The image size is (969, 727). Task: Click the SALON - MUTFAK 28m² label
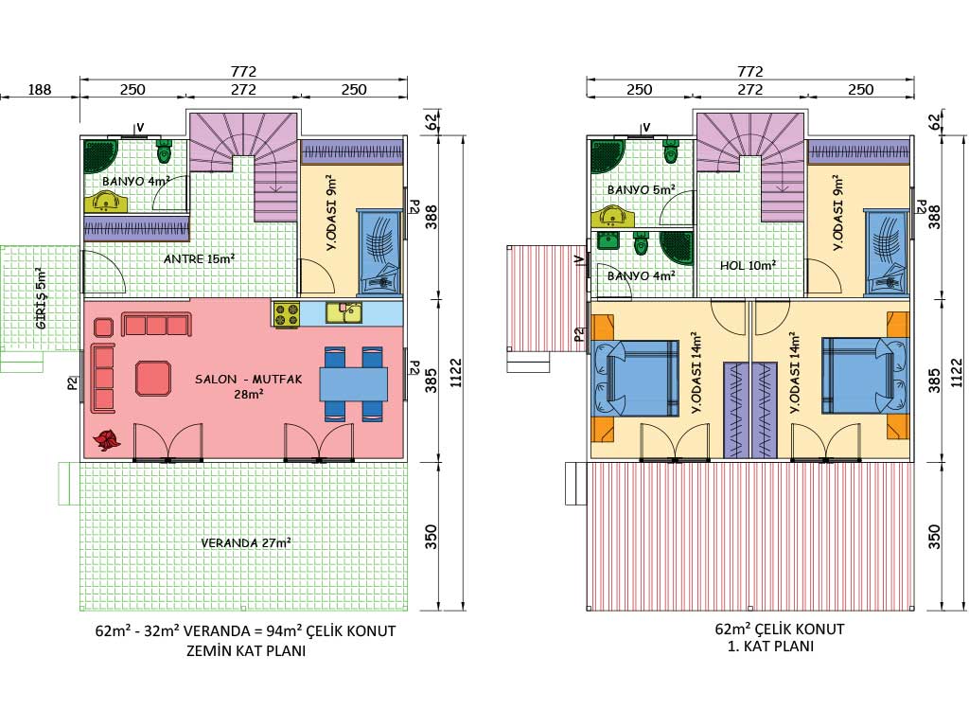point(249,386)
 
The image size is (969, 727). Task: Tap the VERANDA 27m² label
point(246,542)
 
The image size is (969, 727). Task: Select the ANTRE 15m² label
point(199,258)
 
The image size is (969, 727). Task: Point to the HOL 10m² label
point(748,265)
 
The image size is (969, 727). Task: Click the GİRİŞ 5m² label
point(41,298)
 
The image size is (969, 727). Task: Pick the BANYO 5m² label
point(641,189)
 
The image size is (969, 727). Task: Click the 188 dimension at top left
point(40,90)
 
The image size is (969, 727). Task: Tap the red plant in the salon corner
point(107,439)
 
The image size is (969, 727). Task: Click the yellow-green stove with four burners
point(286,313)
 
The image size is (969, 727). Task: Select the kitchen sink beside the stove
point(344,312)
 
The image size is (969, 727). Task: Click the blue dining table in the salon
point(354,384)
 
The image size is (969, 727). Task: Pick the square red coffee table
point(152,378)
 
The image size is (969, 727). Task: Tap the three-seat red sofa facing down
point(156,324)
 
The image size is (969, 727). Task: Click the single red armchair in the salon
point(103,327)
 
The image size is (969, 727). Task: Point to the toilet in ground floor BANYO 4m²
point(165,151)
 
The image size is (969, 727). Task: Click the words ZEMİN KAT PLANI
point(246,651)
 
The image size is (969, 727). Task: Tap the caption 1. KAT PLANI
point(770,647)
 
